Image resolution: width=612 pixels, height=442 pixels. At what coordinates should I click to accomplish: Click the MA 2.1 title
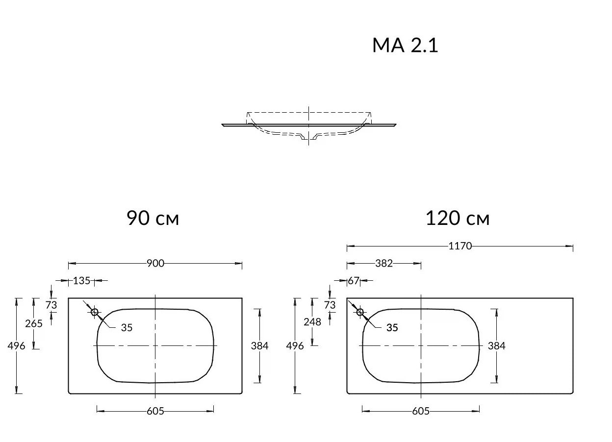[x=405, y=45]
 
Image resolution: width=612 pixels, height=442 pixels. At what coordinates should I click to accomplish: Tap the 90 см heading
[x=153, y=218]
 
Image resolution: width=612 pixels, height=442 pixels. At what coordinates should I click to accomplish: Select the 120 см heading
[x=458, y=218]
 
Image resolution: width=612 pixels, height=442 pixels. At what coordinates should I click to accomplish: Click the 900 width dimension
[x=155, y=263]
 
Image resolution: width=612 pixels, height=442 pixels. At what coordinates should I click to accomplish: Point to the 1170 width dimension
[x=460, y=246]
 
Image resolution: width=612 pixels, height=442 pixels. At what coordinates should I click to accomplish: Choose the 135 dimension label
[x=81, y=280]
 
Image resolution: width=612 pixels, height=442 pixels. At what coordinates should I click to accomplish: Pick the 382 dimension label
[x=384, y=263]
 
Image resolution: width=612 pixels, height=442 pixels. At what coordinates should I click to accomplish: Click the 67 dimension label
[x=354, y=280]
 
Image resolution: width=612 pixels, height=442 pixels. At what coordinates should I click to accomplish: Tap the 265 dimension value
[x=34, y=323]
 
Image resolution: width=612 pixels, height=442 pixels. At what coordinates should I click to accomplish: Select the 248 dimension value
[x=312, y=322]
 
